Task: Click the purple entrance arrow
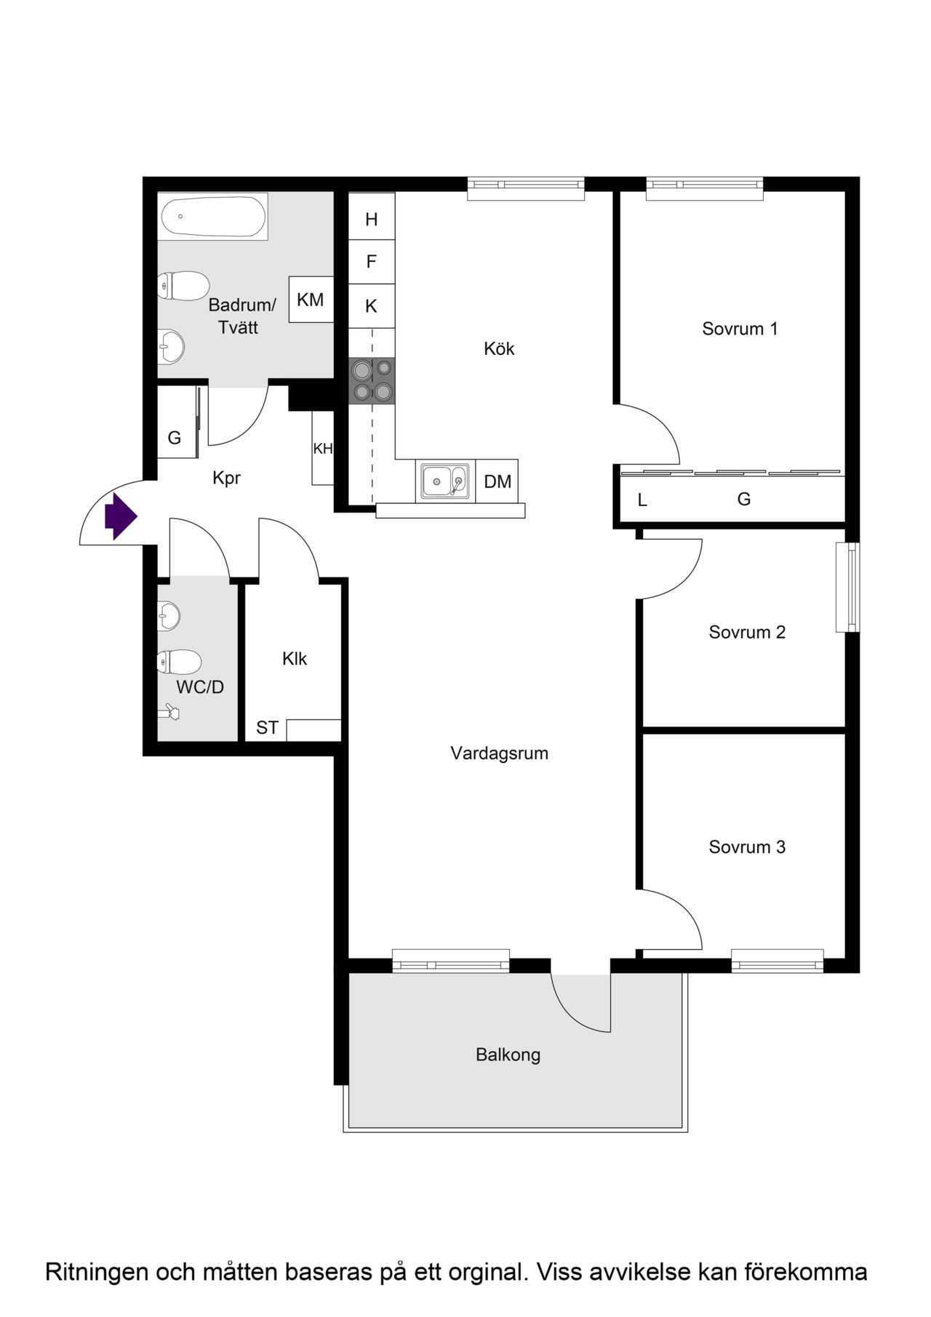121,516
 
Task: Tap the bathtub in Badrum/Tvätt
213,216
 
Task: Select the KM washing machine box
311,299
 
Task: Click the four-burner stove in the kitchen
372,380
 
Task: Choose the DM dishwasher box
497,481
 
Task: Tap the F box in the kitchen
372,262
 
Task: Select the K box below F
372,306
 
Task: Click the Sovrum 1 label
740,329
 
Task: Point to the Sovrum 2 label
747,632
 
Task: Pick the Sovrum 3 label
747,846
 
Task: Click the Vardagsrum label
499,753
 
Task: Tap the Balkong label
508,1054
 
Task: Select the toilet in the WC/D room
179,662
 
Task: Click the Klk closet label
295,658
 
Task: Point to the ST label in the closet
267,728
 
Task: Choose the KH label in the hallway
323,449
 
